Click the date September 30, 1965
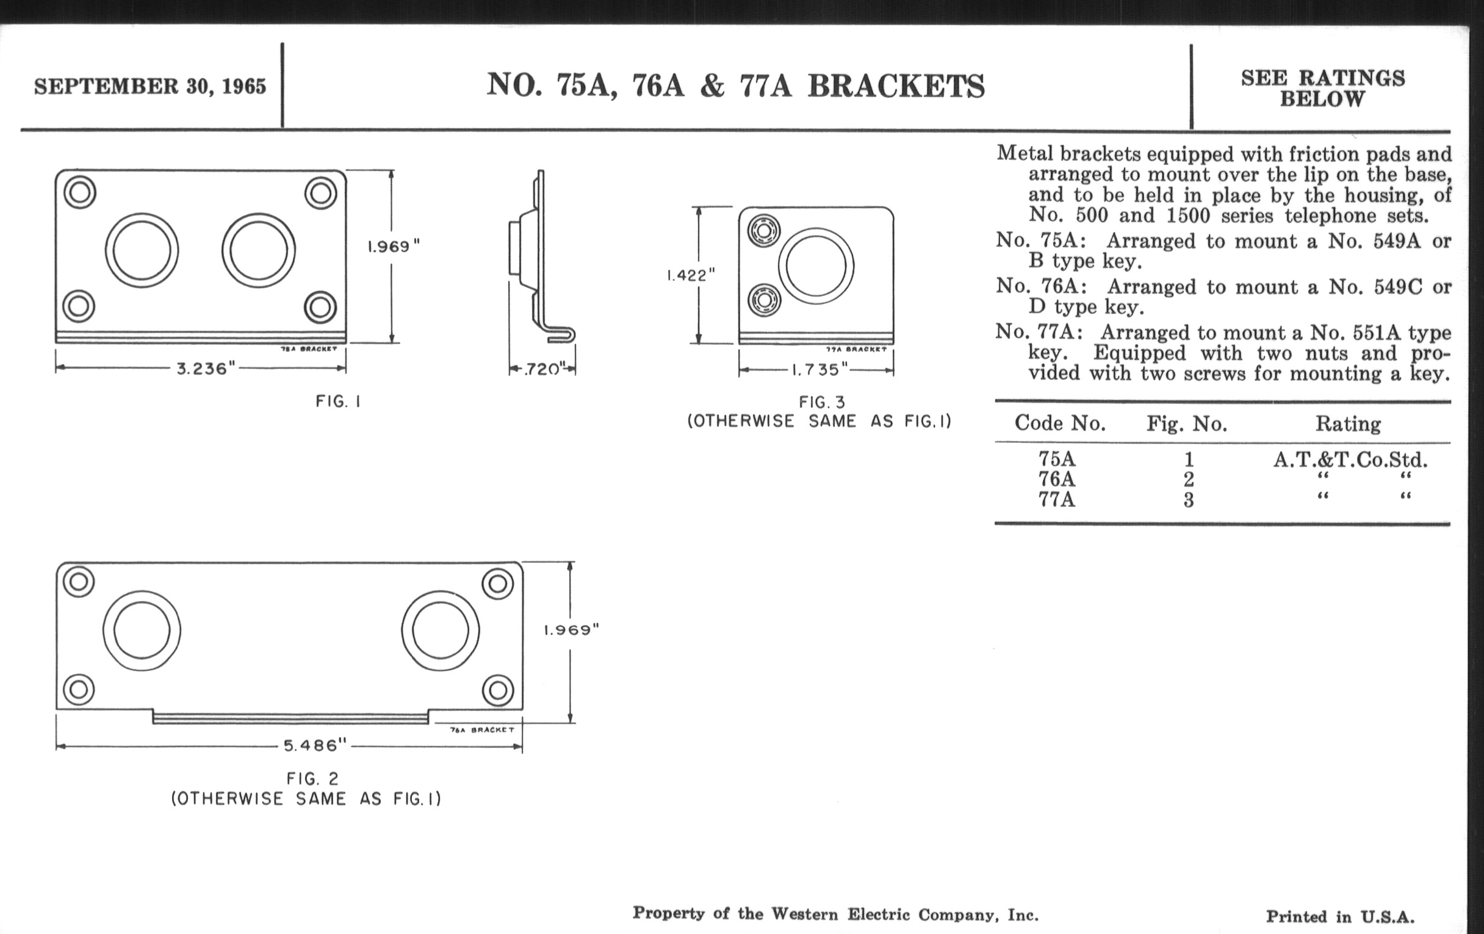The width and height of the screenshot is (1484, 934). (x=149, y=86)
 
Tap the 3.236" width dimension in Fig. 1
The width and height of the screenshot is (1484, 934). (x=206, y=369)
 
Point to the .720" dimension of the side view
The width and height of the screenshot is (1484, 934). (x=542, y=369)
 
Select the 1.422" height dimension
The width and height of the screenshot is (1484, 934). (x=690, y=275)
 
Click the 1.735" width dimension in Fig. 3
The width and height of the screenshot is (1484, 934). (x=819, y=370)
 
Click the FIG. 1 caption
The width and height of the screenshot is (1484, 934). (x=337, y=402)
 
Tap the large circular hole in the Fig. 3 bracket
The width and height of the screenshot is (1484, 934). (x=816, y=266)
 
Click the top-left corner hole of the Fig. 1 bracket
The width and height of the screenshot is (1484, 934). (x=79, y=192)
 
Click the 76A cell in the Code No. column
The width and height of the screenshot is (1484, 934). (x=1056, y=479)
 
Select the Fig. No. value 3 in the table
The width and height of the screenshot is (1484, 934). (x=1188, y=499)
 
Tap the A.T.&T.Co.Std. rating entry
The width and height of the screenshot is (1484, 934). (x=1350, y=459)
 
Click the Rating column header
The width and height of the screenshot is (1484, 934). (x=1348, y=424)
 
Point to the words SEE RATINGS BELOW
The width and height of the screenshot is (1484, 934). (x=1322, y=88)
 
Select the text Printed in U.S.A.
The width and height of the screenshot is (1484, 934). (x=1340, y=917)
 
